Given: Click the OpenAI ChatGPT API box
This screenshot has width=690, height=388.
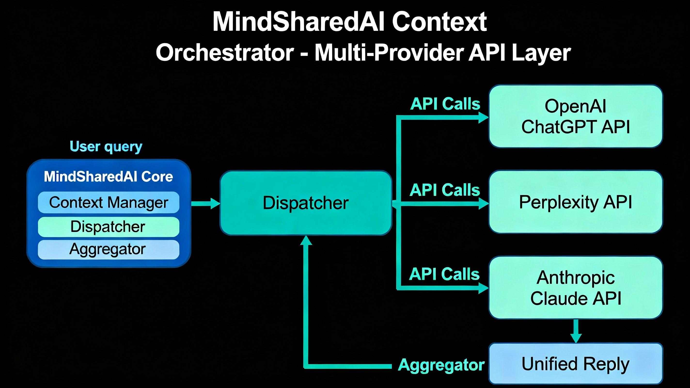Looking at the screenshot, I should click(575, 116).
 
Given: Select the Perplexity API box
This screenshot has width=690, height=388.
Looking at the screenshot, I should click(575, 202).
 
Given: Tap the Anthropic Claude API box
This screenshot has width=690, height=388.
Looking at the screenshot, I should click(575, 287).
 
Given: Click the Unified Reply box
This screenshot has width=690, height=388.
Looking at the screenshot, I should click(575, 364).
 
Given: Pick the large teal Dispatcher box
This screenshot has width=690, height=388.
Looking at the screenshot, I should click(306, 203).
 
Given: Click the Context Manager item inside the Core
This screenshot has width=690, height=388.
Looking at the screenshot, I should click(109, 202).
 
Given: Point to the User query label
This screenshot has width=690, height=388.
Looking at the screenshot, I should click(106, 147).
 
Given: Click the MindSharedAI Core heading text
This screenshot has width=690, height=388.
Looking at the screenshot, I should click(108, 177).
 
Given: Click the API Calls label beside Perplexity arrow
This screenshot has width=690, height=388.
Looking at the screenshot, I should click(445, 190).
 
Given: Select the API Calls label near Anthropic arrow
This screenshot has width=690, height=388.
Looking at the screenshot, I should click(444, 274).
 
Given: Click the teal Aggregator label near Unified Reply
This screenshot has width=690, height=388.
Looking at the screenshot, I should click(441, 365).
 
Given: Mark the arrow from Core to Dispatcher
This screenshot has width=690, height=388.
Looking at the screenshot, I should click(205, 203).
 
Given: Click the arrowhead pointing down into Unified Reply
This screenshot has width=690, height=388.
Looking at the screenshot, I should click(576, 338).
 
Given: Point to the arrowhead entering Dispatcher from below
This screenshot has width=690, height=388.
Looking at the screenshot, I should click(306, 241).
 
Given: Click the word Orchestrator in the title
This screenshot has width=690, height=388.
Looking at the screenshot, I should click(225, 53).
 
